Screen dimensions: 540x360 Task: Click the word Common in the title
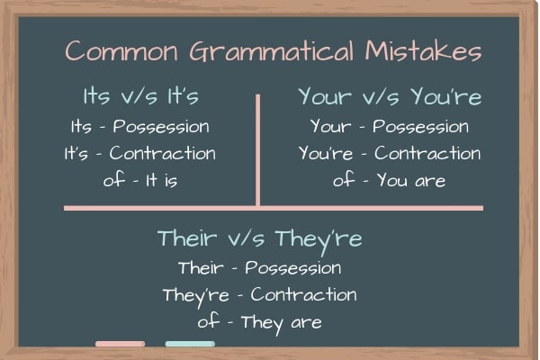[x=121, y=51]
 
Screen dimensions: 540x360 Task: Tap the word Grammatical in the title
[x=272, y=51]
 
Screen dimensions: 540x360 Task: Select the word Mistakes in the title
[x=423, y=51]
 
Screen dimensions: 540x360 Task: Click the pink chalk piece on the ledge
[x=121, y=344]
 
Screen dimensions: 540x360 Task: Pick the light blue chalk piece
[x=190, y=344]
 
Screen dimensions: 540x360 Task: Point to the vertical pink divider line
[x=258, y=150]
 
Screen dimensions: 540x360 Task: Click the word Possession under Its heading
[x=161, y=127]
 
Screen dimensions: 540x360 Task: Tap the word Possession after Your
[x=420, y=127]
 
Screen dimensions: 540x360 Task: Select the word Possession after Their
[x=293, y=268]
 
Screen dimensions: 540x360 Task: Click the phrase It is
[x=161, y=180]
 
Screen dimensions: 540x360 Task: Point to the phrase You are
[x=411, y=180]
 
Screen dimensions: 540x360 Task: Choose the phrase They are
[x=282, y=324]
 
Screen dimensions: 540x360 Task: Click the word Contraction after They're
[x=304, y=294]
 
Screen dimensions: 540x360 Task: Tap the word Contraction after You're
[x=427, y=153]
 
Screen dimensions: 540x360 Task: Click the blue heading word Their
[x=187, y=238]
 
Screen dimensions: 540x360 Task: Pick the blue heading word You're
[x=446, y=96]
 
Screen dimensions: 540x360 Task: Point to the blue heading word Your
[x=325, y=96]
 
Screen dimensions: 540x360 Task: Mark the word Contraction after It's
[x=163, y=153]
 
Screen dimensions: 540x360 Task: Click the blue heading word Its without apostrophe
[x=96, y=95]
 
